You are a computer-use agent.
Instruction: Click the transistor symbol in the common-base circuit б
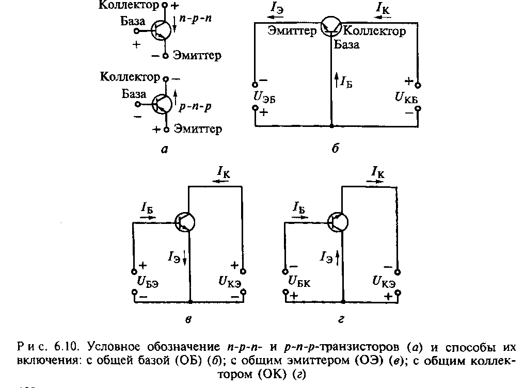click(x=331, y=28)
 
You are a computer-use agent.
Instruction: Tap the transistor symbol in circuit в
click(x=184, y=222)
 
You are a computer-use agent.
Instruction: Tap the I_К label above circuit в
click(x=224, y=171)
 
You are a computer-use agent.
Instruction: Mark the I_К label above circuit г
click(x=378, y=171)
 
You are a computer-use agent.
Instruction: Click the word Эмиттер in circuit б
click(x=292, y=31)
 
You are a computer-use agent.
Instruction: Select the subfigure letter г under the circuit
click(x=341, y=320)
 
